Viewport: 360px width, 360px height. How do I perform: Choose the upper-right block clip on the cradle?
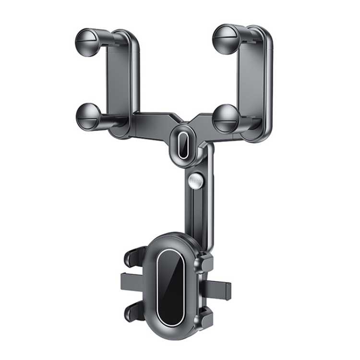tap(205, 262)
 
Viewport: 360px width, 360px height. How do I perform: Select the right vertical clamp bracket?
tap(255, 82)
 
